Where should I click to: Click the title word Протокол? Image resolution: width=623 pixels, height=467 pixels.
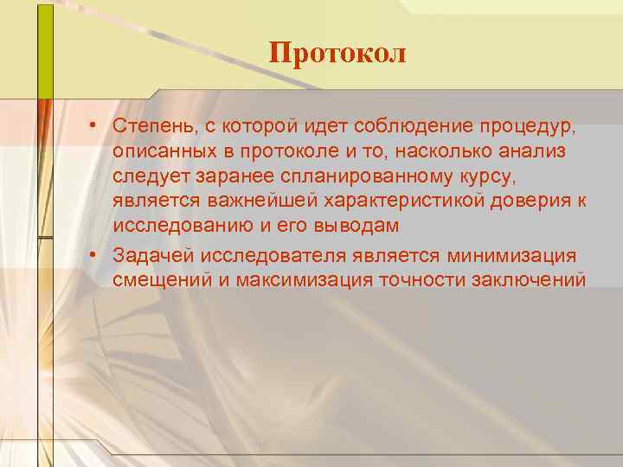click(x=337, y=54)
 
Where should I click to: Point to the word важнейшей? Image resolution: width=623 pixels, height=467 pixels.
click(x=235, y=202)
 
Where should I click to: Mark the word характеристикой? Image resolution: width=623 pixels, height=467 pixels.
click(x=378, y=202)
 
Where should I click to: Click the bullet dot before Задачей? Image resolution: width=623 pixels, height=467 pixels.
click(x=91, y=256)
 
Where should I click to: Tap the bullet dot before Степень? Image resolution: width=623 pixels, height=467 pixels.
click(x=91, y=126)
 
